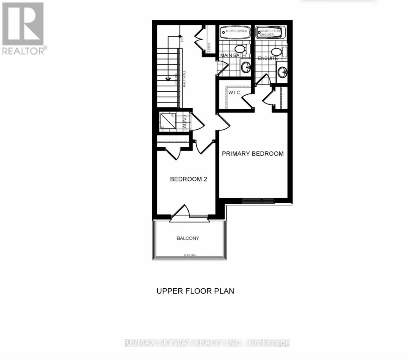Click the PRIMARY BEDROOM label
[253, 154]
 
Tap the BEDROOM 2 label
[189, 179]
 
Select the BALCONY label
[188, 238]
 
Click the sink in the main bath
[246, 67]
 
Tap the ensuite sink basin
[282, 72]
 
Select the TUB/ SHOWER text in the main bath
[237, 31]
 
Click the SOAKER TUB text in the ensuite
[270, 31]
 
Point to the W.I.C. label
[235, 93]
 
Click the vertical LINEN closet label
[210, 47]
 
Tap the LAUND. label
[185, 122]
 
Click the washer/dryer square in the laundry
[168, 121]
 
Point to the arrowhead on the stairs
[168, 79]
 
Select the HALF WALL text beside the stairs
[184, 79]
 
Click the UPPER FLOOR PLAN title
[195, 291]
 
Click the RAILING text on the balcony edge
[190, 255]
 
